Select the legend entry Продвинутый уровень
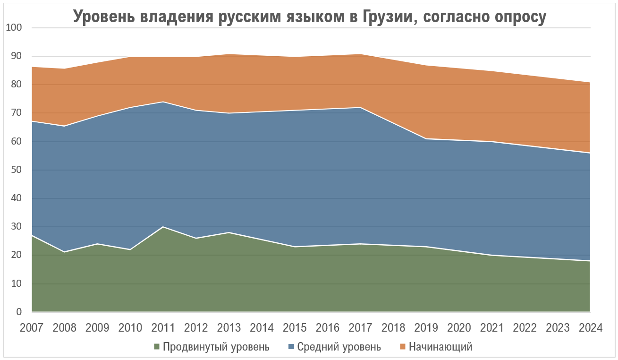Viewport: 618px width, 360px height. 216,347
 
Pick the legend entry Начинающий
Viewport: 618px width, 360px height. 440,347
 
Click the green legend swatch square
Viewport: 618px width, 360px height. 157,347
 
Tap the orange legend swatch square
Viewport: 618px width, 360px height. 402,347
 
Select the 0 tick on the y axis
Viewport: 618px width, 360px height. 19,312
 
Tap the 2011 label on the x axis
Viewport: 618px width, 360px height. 163,327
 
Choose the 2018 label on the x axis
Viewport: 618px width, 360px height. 393,327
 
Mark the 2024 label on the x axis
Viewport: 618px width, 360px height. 590,327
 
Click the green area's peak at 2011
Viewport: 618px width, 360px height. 163,227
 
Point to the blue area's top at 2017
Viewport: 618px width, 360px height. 360,108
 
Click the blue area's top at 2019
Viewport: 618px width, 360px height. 426,139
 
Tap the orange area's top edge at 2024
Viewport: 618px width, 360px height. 590,83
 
